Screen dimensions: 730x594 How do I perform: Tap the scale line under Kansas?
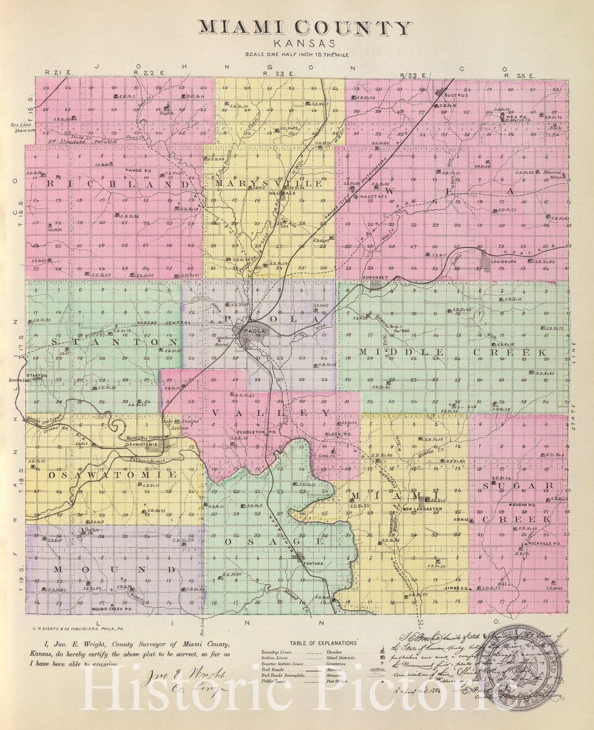(297, 54)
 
